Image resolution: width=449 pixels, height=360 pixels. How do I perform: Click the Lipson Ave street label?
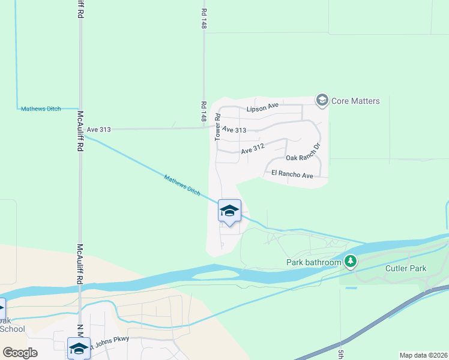[x=263, y=107]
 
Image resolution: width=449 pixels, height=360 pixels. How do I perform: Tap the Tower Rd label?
[x=218, y=128]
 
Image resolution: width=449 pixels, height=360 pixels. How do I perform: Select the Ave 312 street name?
[x=253, y=151]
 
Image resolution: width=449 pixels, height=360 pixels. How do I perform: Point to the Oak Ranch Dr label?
[x=304, y=154]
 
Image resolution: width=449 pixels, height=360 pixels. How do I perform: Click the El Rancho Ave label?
[x=292, y=175]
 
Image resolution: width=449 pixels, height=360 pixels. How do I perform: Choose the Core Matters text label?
[x=355, y=101]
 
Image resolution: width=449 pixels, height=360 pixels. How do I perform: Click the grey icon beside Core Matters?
[x=322, y=100]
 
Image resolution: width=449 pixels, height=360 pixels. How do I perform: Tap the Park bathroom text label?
[x=314, y=262]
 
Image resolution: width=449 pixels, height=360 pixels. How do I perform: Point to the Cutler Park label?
[x=406, y=268]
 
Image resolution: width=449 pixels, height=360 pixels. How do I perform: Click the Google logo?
[x=20, y=353]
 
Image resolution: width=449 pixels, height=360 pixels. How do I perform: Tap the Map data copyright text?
[x=423, y=355]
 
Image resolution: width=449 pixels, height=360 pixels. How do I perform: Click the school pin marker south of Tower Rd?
[x=229, y=211]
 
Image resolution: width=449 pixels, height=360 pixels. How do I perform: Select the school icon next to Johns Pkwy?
[x=79, y=349]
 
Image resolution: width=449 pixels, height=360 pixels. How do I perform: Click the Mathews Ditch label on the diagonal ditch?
[x=182, y=184]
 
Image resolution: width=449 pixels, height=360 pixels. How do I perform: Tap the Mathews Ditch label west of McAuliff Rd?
[x=41, y=109]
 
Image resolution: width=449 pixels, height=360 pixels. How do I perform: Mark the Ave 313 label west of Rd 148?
[x=99, y=129]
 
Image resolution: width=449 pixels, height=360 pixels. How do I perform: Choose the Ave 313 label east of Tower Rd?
[x=235, y=130]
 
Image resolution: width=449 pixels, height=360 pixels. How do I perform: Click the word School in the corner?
[x=13, y=329]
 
